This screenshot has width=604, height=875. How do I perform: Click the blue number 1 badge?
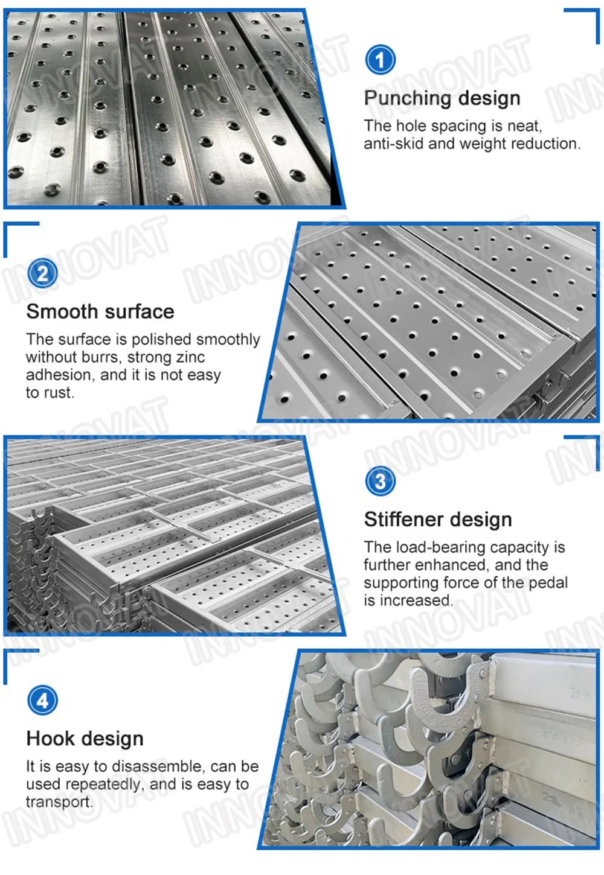[381, 60]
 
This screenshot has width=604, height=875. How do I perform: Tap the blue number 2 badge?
[43, 273]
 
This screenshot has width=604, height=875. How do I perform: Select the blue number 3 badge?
[381, 481]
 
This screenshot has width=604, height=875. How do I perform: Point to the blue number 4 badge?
[43, 701]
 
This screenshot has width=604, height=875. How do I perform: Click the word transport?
[59, 803]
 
